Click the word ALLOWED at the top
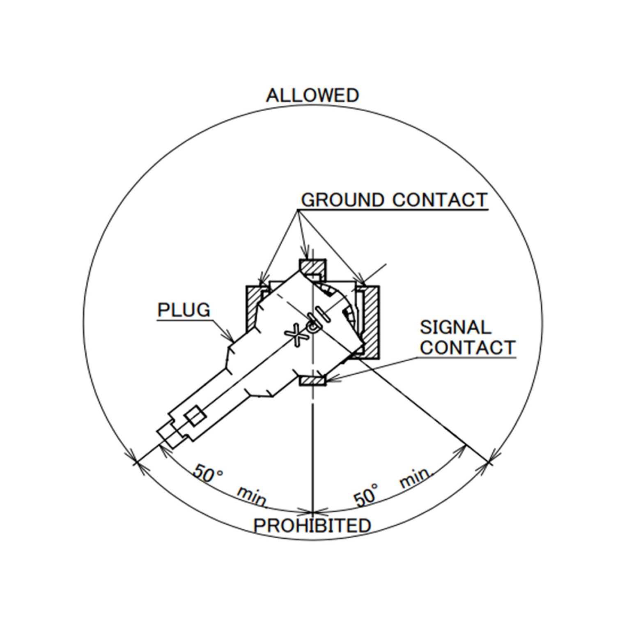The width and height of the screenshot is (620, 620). (x=312, y=95)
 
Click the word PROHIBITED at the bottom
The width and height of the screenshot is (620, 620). (x=312, y=526)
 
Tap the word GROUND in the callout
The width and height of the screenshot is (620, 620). (x=342, y=200)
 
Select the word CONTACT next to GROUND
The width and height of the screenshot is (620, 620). (x=440, y=200)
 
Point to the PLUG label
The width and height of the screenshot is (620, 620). (x=184, y=310)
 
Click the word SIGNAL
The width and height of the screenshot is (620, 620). (x=455, y=327)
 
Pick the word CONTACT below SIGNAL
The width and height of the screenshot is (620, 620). (x=467, y=348)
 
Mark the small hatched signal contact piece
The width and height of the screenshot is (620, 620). (x=312, y=381)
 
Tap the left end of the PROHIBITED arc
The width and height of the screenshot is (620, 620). (x=136, y=463)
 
